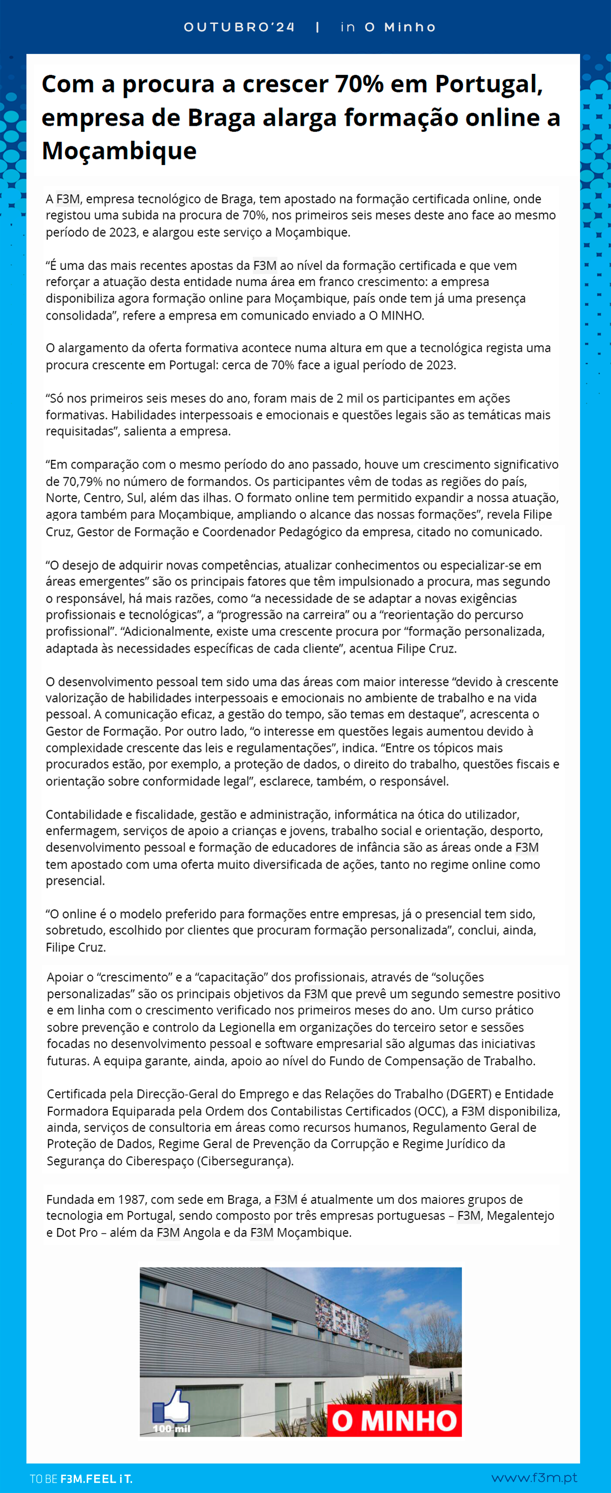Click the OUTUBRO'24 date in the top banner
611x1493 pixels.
tap(239, 27)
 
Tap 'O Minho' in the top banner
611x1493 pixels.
tap(400, 27)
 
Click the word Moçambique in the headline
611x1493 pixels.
tap(119, 151)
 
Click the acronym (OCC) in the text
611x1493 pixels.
tap(428, 1111)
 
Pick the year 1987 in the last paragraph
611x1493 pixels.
tap(132, 1199)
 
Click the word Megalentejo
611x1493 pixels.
tap(520, 1215)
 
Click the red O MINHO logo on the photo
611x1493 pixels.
tap(394, 1421)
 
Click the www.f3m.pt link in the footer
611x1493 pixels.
tap(534, 1478)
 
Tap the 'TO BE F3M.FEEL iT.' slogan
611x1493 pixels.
tap(81, 1479)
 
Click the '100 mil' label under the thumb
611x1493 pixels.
tap(171, 1429)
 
